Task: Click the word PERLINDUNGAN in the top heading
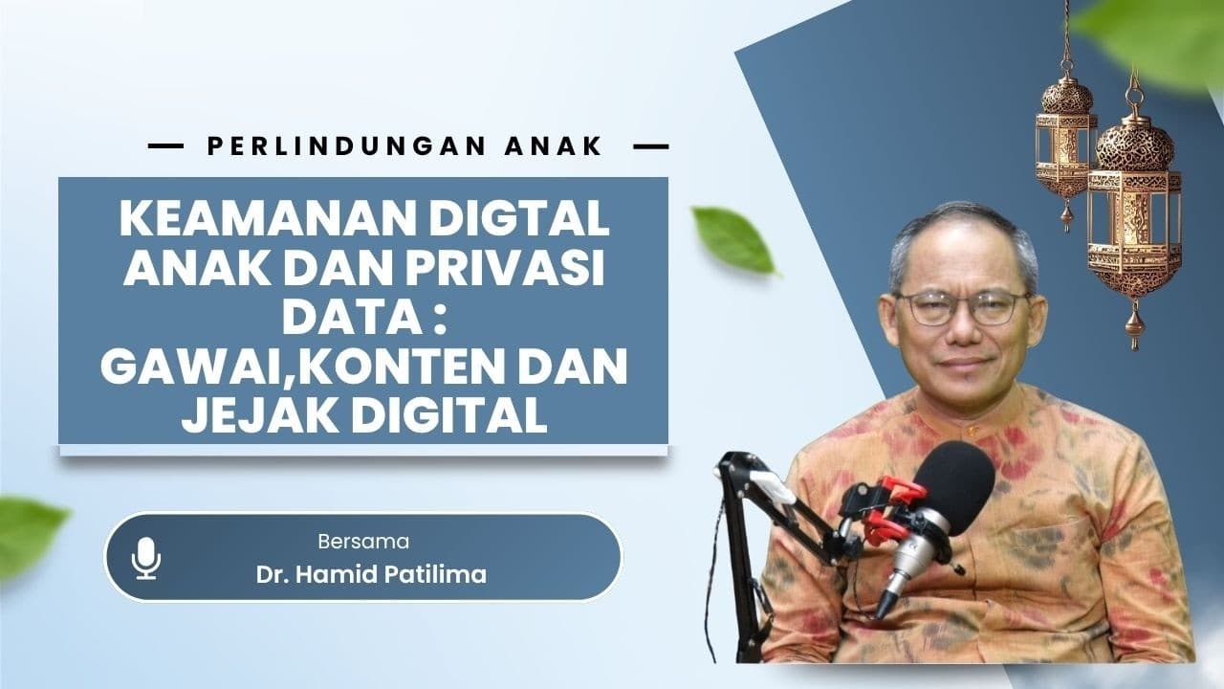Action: tap(347, 146)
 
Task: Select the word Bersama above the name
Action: tap(363, 542)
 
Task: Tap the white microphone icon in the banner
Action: tap(146, 558)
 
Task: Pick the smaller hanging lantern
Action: tap(1066, 137)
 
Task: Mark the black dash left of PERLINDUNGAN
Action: tap(166, 146)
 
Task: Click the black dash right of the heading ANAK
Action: tap(651, 146)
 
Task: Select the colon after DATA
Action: tap(442, 319)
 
